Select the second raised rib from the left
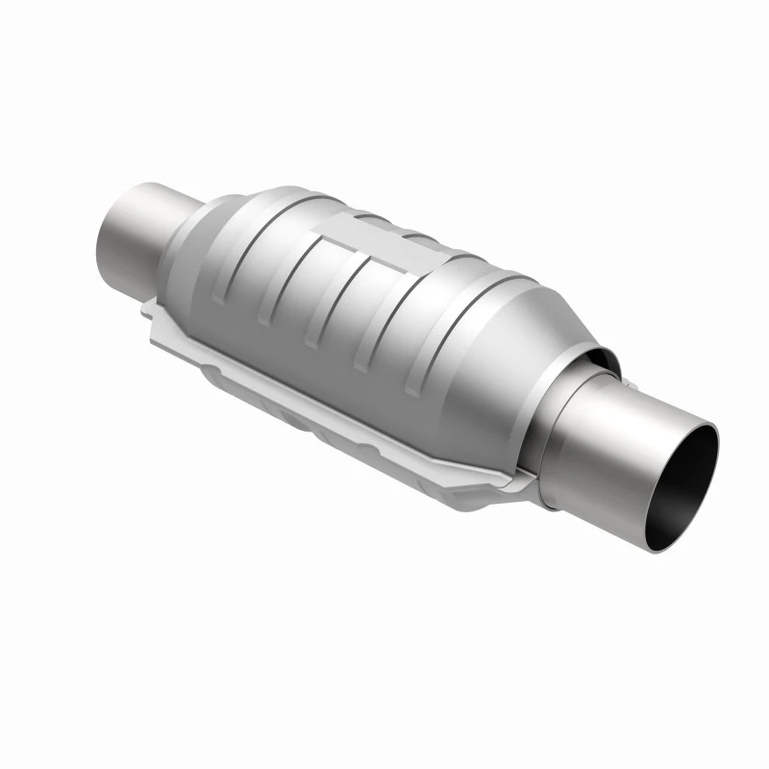(x=298, y=288)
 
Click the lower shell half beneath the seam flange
(x=317, y=423)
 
